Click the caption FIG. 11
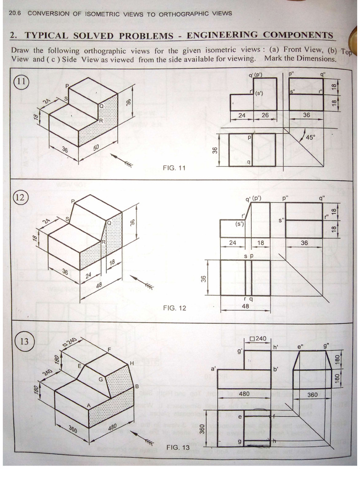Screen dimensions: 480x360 174,167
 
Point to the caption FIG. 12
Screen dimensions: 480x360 174,308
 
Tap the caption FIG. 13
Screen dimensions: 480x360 178,447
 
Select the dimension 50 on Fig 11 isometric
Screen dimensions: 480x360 97,148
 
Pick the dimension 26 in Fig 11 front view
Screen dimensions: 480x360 265,115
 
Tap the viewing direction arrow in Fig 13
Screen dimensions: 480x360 143,438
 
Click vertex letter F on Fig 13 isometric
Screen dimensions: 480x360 109,350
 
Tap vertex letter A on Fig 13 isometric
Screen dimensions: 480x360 88,405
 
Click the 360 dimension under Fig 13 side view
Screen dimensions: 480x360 312,395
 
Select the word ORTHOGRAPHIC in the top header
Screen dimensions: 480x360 184,13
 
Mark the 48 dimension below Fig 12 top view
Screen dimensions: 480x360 245,305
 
